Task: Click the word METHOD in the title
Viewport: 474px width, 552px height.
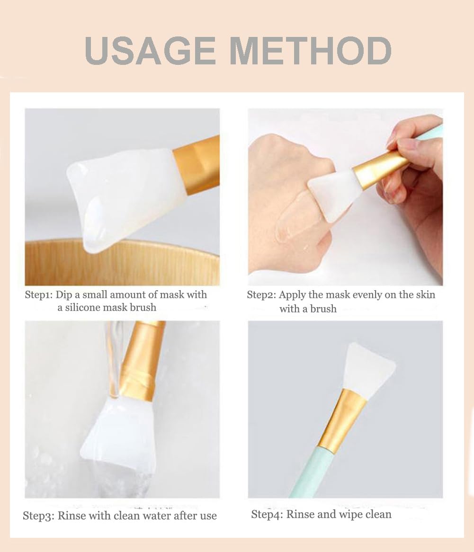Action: pos(310,51)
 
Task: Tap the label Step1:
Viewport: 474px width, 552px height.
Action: pos(39,295)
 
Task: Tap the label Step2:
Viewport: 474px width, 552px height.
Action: pos(261,295)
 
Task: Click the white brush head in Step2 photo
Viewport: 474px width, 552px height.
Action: pos(334,192)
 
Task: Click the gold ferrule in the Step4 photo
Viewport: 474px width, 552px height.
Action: pos(343,419)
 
